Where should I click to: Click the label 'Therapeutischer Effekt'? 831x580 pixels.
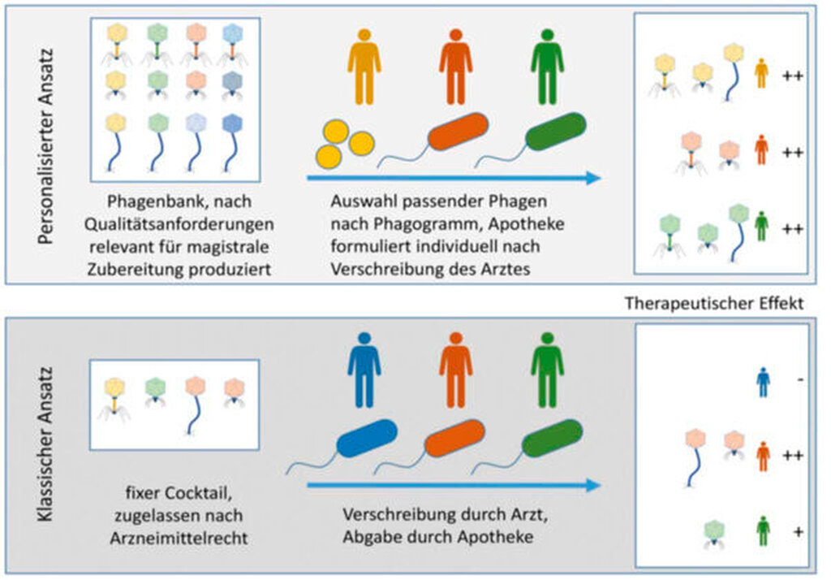(x=714, y=303)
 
